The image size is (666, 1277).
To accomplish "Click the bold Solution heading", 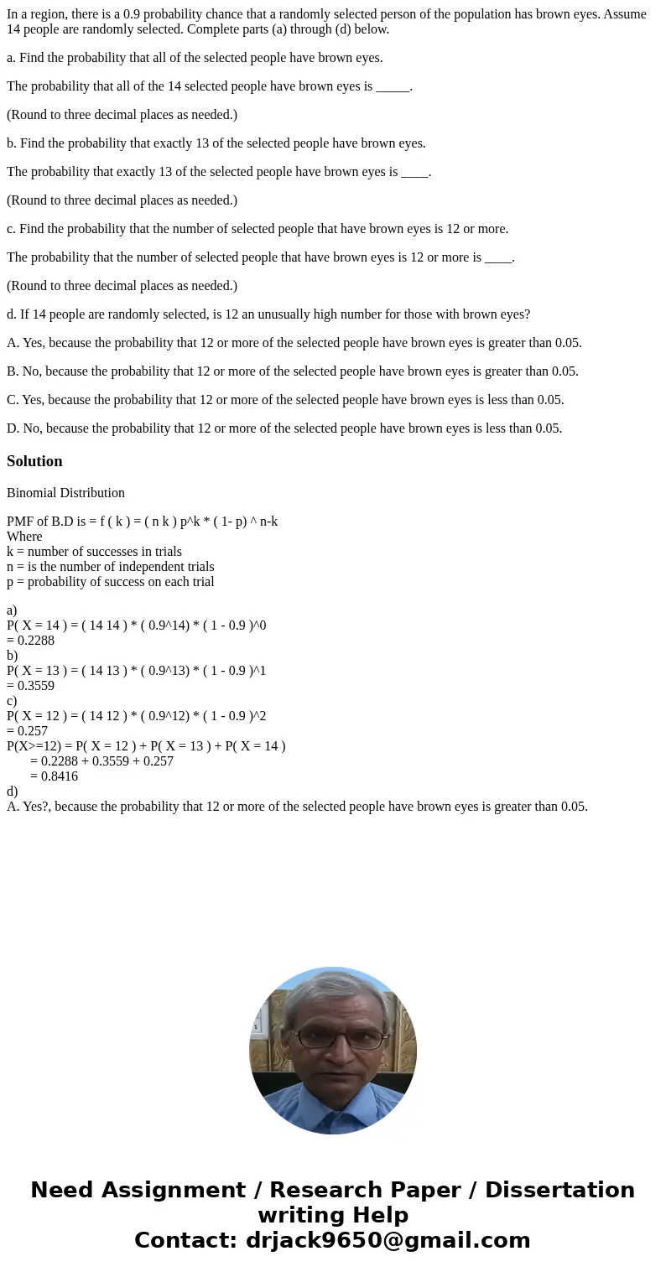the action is click(x=34, y=461).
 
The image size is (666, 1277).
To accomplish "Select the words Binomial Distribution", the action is click(x=65, y=493).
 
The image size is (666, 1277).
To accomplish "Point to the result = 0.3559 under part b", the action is click(x=31, y=686).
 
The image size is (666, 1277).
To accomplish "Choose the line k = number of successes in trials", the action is click(x=94, y=552).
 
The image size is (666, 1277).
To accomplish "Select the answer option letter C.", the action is click(x=12, y=400).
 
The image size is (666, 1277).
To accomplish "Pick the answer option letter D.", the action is click(x=12, y=428).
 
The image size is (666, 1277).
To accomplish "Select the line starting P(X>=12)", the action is click(x=146, y=746).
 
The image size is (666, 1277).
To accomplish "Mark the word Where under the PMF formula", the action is click(x=24, y=537).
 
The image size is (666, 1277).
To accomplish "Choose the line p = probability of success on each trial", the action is click(x=110, y=582).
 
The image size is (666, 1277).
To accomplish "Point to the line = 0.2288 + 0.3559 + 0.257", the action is click(x=101, y=761).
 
